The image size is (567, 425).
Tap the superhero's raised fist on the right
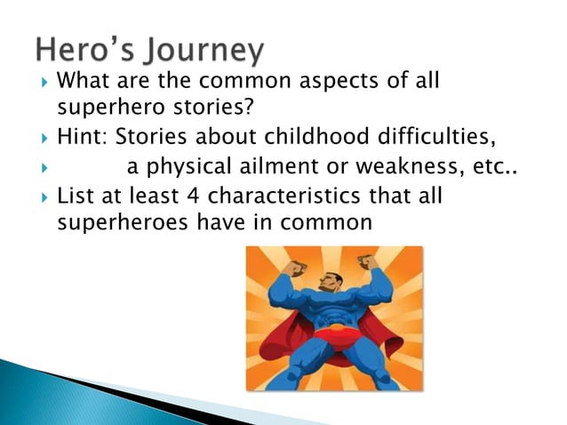coord(365,262)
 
